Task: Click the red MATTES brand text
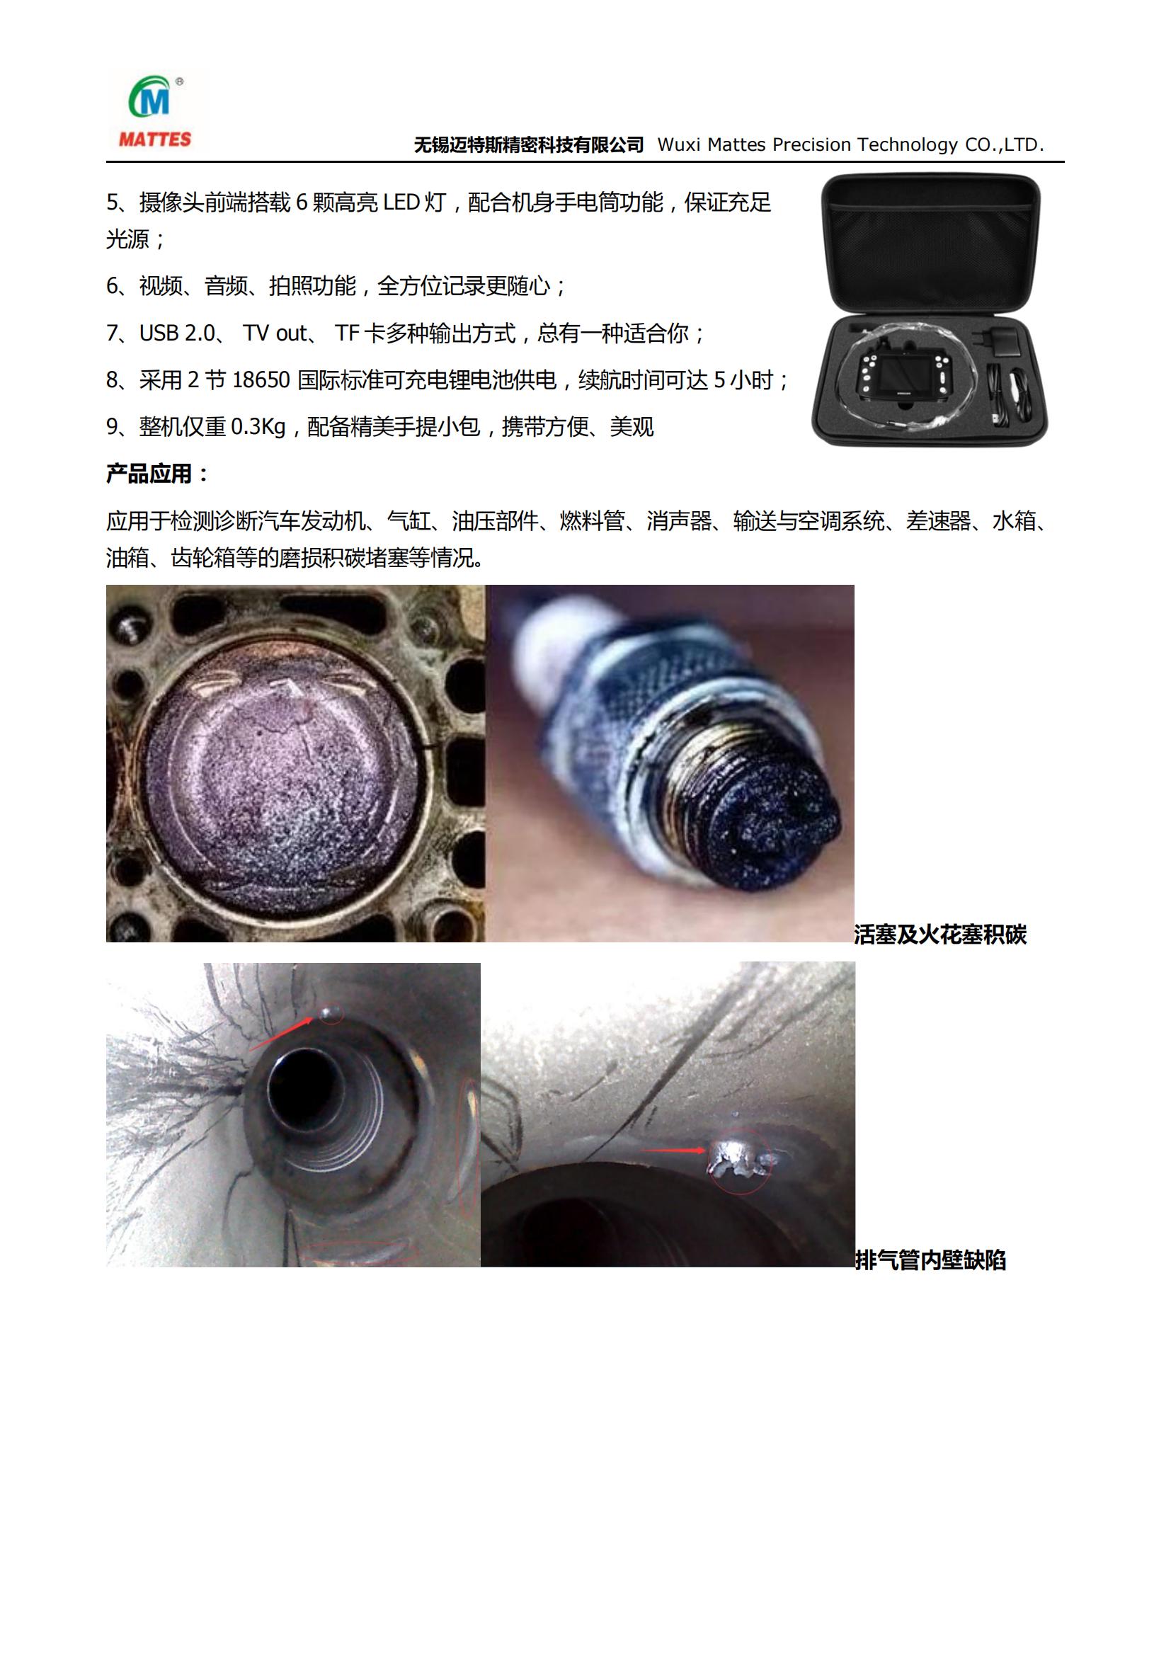(155, 139)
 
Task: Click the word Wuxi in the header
(679, 145)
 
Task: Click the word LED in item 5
(401, 202)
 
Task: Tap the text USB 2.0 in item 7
(178, 333)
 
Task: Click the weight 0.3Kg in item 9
(259, 427)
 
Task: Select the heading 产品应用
(149, 474)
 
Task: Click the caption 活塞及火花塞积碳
(940, 935)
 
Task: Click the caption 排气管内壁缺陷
(930, 1260)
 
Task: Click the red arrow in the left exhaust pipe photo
(281, 1032)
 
